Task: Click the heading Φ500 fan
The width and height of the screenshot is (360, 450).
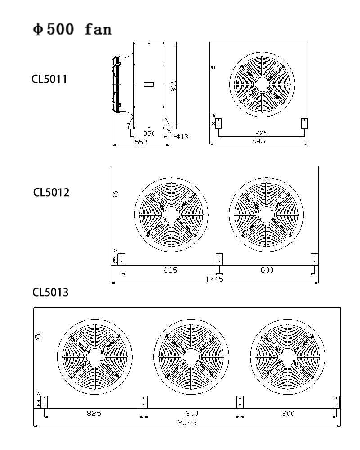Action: (x=72, y=30)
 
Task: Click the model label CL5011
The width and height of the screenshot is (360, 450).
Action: (x=49, y=80)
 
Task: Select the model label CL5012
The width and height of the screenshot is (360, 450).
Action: (x=51, y=193)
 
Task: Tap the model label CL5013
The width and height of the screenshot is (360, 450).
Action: (x=50, y=292)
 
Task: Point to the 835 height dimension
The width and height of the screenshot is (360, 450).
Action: (x=174, y=85)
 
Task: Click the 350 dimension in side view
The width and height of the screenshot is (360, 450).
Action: (x=149, y=134)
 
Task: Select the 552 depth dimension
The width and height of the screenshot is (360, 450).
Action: (x=141, y=142)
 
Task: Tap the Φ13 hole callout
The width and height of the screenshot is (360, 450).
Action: (x=182, y=136)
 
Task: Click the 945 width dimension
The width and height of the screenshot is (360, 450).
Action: (x=259, y=141)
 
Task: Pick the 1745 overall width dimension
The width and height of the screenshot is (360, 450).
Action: (x=214, y=279)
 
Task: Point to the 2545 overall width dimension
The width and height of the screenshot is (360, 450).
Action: (x=187, y=423)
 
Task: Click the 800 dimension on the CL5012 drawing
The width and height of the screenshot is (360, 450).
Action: (x=267, y=270)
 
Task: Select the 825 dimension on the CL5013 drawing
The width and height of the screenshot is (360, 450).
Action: (x=94, y=413)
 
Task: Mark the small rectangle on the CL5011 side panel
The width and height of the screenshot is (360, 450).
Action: (x=149, y=84)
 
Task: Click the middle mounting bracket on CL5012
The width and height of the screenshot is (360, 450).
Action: (x=219, y=259)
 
